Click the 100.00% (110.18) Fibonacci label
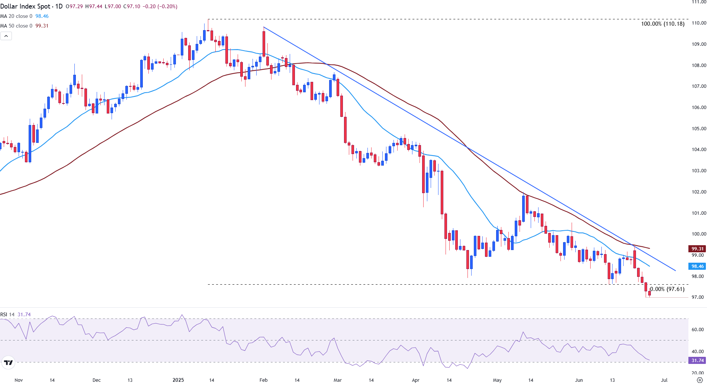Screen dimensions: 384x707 point(662,24)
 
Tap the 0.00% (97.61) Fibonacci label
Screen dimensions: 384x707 point(667,289)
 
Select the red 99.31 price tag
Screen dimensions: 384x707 point(697,249)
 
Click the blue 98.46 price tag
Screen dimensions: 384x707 point(697,266)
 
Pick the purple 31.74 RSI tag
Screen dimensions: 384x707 point(697,361)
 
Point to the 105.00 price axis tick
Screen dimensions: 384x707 point(698,129)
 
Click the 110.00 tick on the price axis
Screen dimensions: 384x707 point(698,23)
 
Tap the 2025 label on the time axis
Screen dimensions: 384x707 point(178,380)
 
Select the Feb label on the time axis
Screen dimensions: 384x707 point(263,380)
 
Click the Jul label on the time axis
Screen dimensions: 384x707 point(664,380)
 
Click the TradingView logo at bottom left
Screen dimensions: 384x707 point(8,362)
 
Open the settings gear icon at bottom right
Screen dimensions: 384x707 point(699,380)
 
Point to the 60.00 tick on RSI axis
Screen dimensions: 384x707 point(697,330)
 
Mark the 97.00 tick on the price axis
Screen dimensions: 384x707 point(698,297)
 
